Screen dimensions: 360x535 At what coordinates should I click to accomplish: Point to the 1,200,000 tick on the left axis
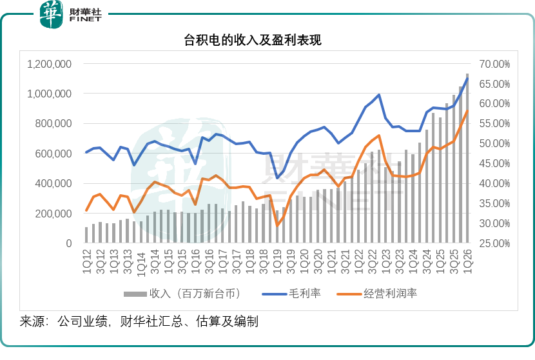tap(49, 64)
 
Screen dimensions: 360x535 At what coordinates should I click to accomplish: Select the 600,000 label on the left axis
tap(53, 154)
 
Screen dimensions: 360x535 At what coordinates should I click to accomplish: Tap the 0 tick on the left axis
tap(67, 243)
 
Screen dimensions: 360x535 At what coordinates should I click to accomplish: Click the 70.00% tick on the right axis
tap(494, 64)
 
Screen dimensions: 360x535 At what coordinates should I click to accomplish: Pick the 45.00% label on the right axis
tap(494, 164)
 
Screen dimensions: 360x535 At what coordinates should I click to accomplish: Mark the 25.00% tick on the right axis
tap(494, 243)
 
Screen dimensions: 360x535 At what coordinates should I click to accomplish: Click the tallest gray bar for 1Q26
tap(468, 161)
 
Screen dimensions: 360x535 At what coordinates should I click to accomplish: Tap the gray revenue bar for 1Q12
tap(86, 235)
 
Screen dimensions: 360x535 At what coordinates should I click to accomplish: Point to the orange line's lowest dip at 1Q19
tap(277, 225)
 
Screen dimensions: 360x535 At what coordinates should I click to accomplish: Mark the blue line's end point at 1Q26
tap(468, 78)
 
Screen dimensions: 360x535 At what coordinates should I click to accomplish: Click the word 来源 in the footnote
tap(32, 321)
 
